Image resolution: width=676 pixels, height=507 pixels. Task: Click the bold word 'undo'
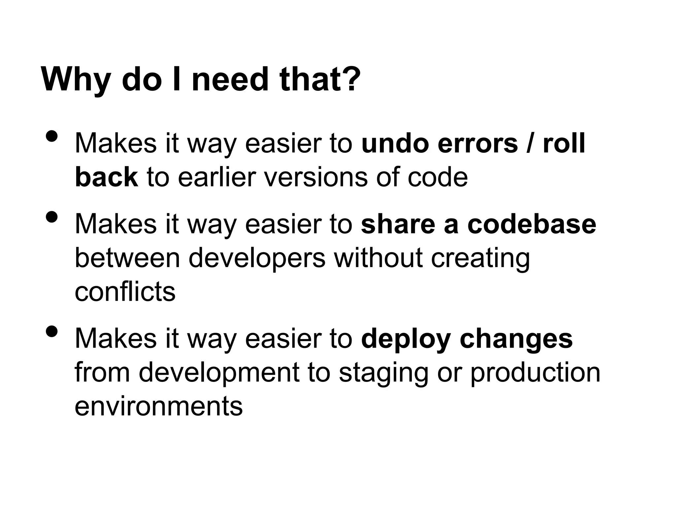point(395,144)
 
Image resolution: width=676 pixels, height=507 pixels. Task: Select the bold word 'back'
point(106,177)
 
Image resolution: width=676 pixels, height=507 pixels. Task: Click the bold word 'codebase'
point(532,224)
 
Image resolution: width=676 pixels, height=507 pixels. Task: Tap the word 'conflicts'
point(125,292)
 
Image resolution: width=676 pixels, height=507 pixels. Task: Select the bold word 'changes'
point(516,339)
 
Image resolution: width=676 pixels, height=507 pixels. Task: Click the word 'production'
point(535,373)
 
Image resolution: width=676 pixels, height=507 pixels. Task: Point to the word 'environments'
point(159,406)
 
